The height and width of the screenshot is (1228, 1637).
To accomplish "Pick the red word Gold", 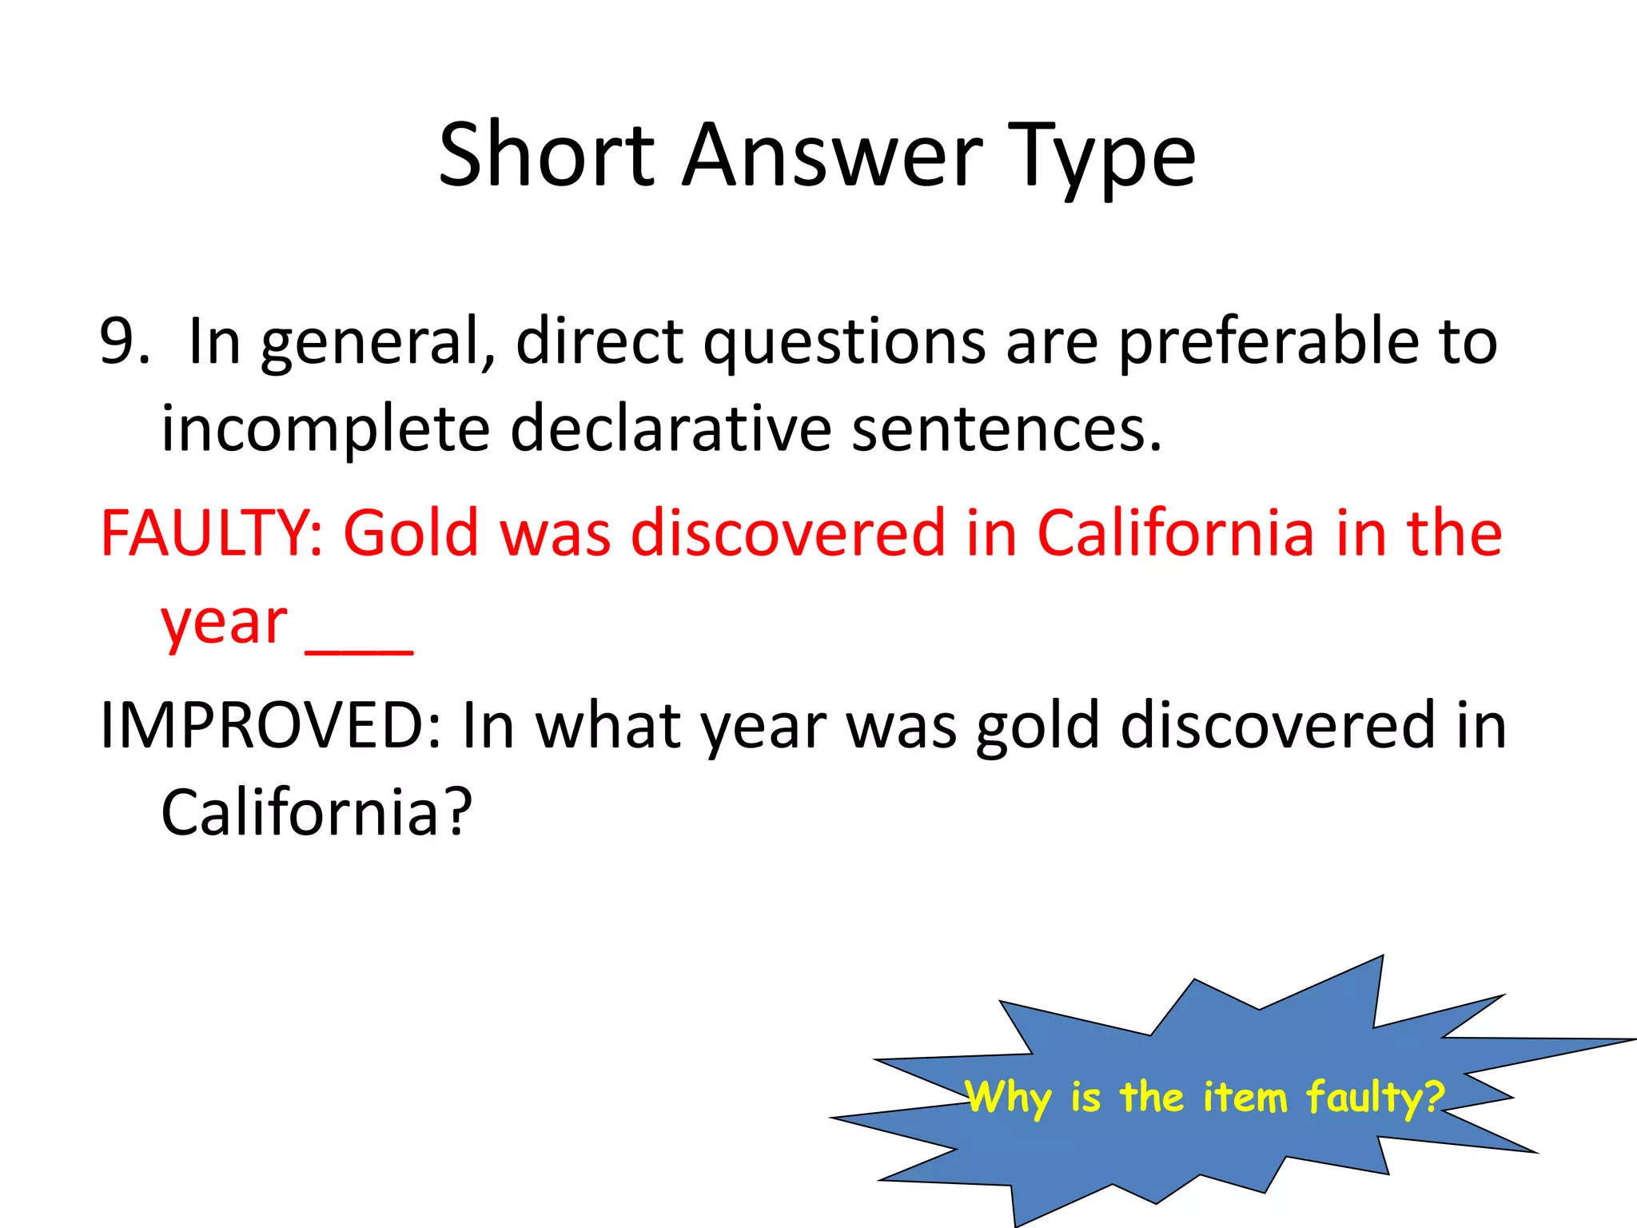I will point(411,533).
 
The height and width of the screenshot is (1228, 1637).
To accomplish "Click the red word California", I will point(1175,533).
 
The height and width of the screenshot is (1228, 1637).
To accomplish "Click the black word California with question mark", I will point(316,812).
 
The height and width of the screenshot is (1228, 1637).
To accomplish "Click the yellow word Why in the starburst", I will point(1008,1097).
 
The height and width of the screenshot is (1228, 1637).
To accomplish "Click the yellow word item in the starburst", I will point(1245,1097).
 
